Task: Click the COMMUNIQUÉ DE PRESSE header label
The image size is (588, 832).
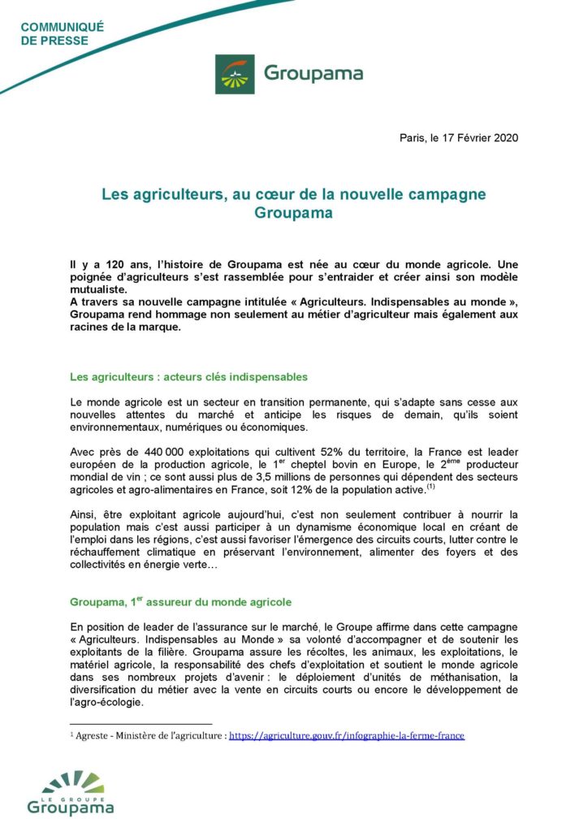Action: [x=62, y=33]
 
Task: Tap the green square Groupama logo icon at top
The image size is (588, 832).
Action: [x=235, y=73]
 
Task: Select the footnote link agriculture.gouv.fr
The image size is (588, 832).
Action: [x=347, y=735]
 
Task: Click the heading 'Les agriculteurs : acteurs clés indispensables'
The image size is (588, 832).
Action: [x=188, y=377]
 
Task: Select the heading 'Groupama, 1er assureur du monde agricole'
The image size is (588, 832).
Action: [x=180, y=602]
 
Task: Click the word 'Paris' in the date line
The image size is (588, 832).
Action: [x=412, y=137]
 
